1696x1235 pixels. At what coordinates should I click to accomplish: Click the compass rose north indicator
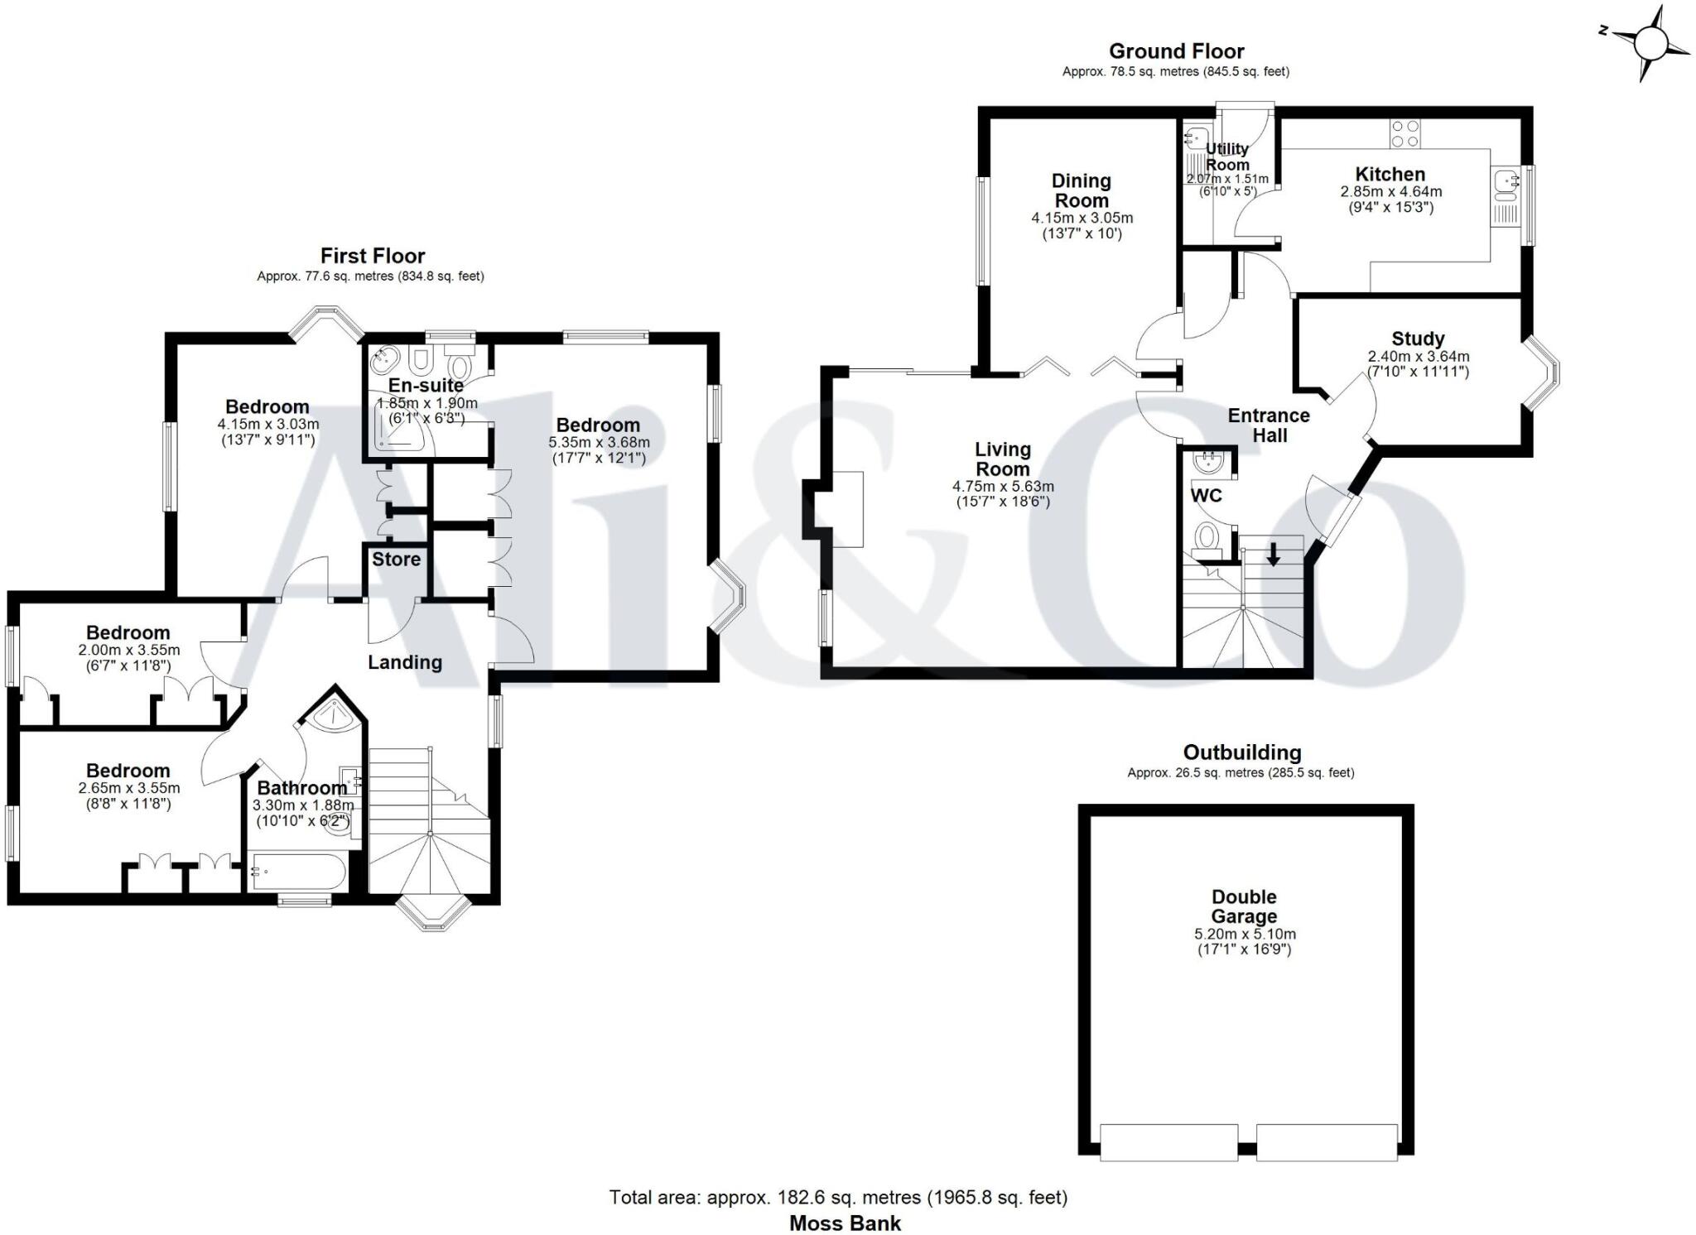pos(1604,31)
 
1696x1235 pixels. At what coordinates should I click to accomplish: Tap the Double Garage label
pos(1244,906)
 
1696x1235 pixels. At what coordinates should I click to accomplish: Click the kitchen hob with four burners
pos(1404,134)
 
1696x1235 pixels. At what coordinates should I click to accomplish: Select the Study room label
pos(1418,339)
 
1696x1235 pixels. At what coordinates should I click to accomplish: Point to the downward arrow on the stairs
pos(1274,555)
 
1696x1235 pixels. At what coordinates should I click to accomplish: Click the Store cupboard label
pos(396,560)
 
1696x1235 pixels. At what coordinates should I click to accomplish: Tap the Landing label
pos(405,662)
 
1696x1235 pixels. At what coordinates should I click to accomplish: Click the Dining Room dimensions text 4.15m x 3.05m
pos(1082,219)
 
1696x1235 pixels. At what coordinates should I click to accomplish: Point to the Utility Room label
pos(1227,156)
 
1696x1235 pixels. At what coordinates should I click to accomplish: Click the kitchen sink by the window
pos(1505,185)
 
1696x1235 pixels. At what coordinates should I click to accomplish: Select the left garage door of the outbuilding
pos(1168,1142)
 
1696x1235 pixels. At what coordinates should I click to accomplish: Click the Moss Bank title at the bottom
pos(845,1223)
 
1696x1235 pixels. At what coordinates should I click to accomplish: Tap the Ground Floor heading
pos(1176,51)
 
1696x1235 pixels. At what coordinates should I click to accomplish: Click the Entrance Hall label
pos(1269,425)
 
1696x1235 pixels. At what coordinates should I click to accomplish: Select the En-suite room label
pos(426,385)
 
